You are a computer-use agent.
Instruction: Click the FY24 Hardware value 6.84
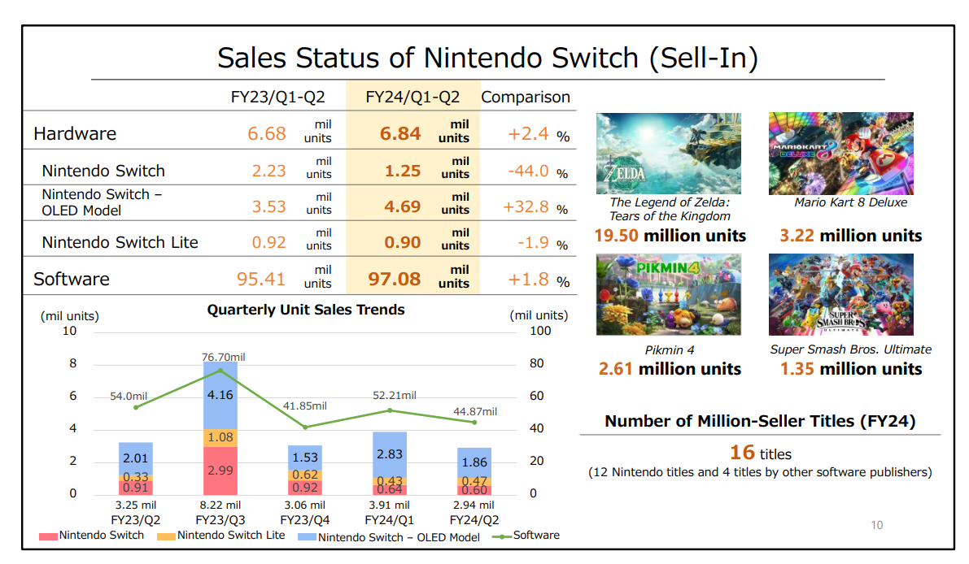point(400,134)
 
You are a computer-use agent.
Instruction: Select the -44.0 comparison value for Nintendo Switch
point(527,171)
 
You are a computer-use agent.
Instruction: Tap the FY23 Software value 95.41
point(261,280)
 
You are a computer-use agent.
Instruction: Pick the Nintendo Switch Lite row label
point(120,242)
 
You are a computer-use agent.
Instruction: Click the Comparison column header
point(526,98)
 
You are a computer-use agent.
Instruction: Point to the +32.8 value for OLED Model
point(526,206)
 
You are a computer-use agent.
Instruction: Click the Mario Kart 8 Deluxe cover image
point(840,153)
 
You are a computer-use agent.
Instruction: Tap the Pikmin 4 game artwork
point(668,294)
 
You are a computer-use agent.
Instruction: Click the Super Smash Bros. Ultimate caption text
point(850,349)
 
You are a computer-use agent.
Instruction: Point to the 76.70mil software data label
point(224,357)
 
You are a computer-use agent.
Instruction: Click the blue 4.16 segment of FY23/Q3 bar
point(220,396)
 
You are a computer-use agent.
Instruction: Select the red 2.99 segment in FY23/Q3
point(220,471)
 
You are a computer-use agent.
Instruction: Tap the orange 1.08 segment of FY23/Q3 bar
point(220,437)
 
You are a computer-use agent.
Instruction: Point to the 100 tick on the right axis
point(540,331)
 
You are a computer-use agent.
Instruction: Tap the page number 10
point(876,525)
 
